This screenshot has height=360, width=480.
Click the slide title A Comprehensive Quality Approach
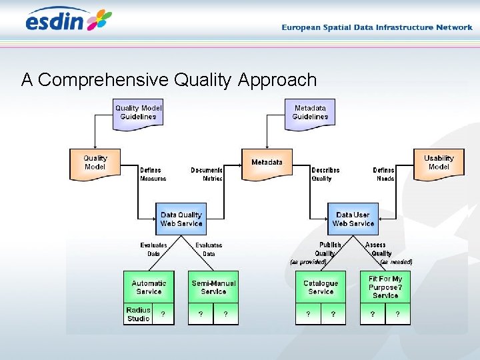pos(169,80)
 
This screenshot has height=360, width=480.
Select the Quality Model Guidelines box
pos(138,112)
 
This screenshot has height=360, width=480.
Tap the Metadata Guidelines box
pos(310,112)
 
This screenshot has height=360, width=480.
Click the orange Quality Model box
pos(95,163)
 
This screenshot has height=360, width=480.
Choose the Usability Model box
pos(438,163)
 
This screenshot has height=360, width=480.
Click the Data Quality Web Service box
pos(181,219)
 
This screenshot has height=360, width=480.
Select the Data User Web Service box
pos(353,219)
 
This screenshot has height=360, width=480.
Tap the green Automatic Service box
pos(149,287)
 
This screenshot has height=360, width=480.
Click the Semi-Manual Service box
pos(213,287)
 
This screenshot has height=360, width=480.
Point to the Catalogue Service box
pos(321,287)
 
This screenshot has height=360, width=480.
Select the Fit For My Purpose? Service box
pos(385,287)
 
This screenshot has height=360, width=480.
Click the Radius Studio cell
pos(138,314)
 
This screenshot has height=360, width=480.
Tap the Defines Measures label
pos(153,174)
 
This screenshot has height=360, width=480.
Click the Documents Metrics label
pos(207,174)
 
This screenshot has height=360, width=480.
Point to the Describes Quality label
pos(325,174)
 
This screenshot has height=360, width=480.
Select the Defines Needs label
pos(383,174)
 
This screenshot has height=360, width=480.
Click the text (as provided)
pos(308,262)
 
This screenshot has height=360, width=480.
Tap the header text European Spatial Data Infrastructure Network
pos(377,27)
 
